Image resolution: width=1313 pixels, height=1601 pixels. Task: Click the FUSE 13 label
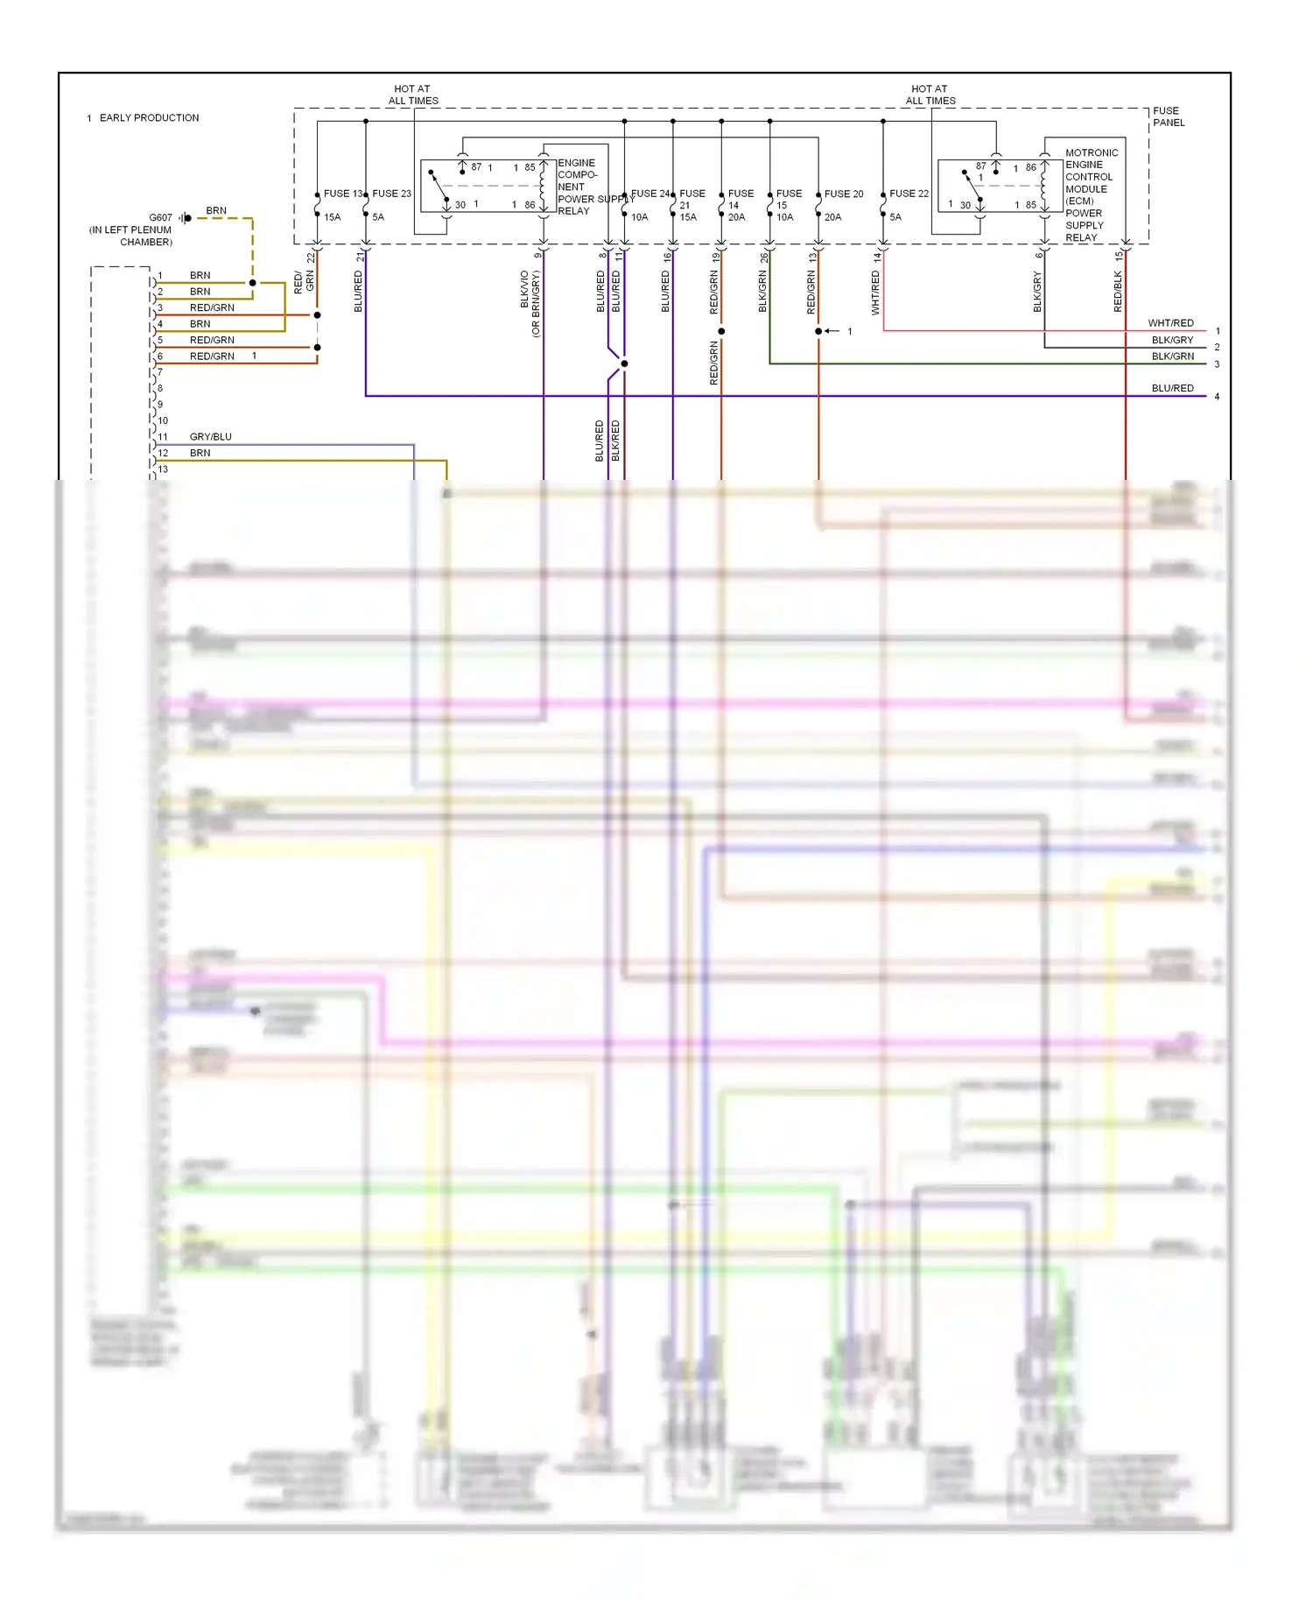[342, 194]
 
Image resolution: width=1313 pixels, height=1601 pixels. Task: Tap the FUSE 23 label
[391, 194]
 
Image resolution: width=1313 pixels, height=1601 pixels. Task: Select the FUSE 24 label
[649, 194]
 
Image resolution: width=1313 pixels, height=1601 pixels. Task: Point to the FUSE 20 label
[844, 194]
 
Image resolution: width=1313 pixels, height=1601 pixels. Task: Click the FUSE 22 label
[909, 194]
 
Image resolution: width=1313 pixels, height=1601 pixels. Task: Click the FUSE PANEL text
[1168, 116]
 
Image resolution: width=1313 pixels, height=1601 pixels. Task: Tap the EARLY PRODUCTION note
[149, 117]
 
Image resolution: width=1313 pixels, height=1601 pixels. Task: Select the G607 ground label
[161, 217]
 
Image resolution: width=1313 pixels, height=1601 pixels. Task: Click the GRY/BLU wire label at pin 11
[211, 436]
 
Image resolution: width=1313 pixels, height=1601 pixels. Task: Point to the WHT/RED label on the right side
[1170, 323]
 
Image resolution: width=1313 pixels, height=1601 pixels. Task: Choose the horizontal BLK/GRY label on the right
[1172, 340]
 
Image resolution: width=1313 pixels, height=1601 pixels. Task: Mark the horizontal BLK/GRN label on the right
[1172, 356]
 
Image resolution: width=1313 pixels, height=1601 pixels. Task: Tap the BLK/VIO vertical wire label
[525, 290]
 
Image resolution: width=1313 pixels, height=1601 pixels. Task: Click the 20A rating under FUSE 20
[832, 217]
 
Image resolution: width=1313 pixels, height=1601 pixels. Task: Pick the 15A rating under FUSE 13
[333, 217]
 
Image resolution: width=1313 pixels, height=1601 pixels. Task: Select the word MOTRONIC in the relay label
[1092, 152]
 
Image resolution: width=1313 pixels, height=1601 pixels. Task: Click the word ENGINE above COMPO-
[576, 163]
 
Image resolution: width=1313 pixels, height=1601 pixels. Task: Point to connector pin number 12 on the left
[163, 453]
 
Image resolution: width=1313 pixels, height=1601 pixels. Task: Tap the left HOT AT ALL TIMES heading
[412, 95]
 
